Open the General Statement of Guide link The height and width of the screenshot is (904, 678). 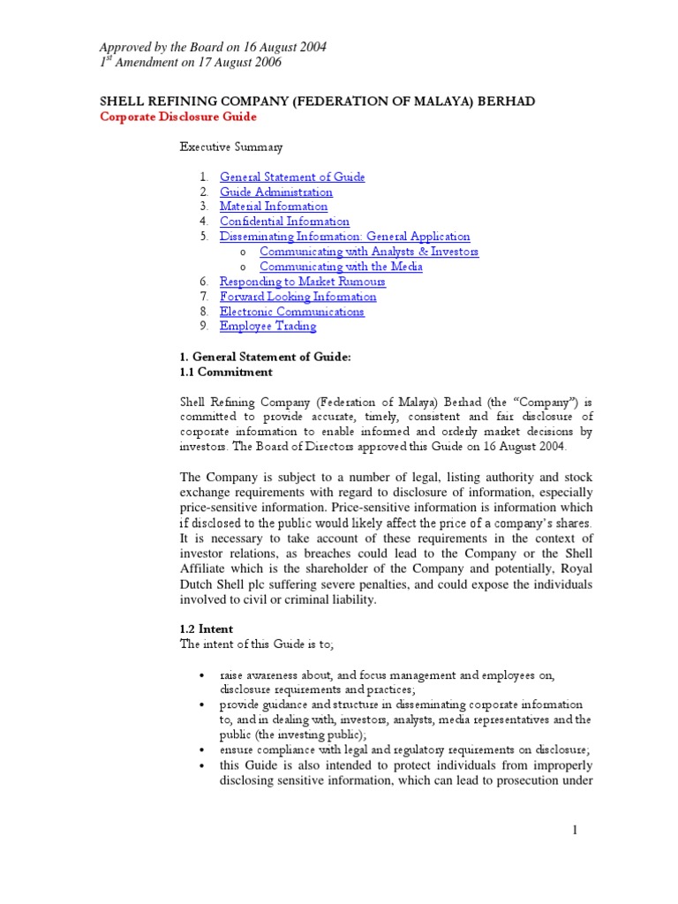(x=292, y=177)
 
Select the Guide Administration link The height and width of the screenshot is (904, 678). (x=275, y=192)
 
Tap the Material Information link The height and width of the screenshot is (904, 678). (x=273, y=207)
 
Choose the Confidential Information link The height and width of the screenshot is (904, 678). (x=284, y=222)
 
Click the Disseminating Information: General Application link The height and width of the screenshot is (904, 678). (x=344, y=237)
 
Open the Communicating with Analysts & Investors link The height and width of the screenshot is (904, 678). (x=368, y=252)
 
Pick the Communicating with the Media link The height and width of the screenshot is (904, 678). (x=341, y=267)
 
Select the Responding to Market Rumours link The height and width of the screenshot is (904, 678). (x=302, y=282)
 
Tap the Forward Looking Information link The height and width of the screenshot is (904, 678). (x=298, y=297)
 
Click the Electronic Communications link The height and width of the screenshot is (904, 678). (x=291, y=312)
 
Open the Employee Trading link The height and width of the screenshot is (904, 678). (x=267, y=327)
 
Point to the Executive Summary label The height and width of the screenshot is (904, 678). (x=232, y=147)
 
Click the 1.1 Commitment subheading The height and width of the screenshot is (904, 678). (x=226, y=372)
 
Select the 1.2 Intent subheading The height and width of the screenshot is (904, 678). (x=207, y=629)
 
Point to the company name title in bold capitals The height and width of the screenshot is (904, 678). (x=316, y=102)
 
